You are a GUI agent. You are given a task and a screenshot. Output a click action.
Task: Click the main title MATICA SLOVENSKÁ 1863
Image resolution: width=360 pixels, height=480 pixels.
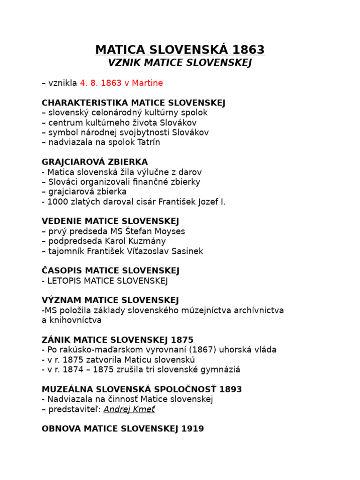(180, 50)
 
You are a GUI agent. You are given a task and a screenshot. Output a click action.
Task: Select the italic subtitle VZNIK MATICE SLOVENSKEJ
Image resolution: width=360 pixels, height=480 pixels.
(180, 63)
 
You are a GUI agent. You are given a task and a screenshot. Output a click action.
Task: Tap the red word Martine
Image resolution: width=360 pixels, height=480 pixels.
(147, 83)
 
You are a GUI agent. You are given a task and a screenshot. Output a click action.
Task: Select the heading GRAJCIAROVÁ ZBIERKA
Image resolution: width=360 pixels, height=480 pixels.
(95, 162)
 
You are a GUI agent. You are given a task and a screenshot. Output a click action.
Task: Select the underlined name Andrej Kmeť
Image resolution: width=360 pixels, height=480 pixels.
(129, 409)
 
